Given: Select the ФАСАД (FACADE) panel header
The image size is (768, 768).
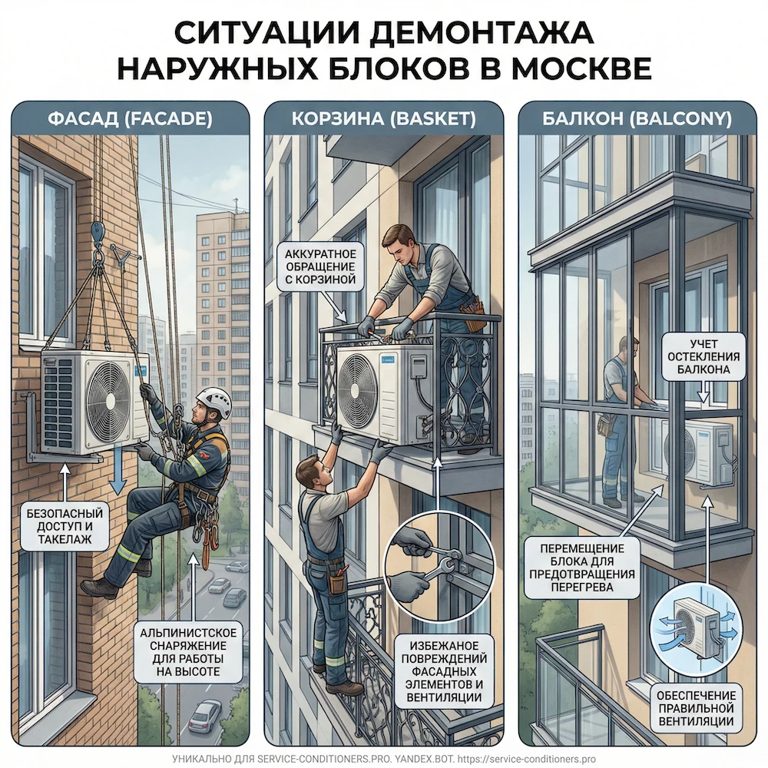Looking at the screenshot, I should coord(130,119).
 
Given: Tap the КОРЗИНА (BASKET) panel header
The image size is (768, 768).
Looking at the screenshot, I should coord(383,119).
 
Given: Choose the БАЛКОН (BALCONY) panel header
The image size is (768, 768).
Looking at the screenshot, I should coord(637,119).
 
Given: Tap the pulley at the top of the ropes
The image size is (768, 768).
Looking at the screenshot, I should coord(98,230).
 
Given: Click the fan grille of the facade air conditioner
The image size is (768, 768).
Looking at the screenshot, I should coord(108,401).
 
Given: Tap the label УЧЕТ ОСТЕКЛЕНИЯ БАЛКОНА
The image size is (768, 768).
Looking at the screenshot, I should coord(704,357).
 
